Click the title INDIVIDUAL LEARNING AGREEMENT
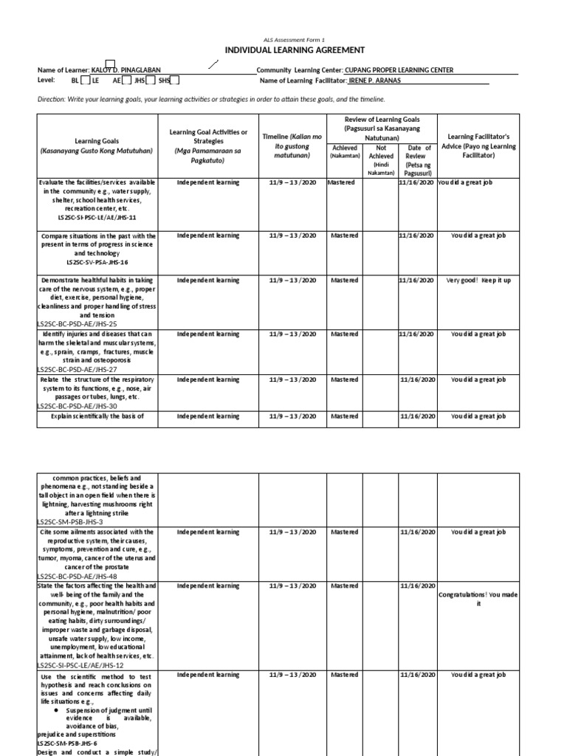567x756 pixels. click(x=284, y=49)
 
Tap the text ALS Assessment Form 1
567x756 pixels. click(x=284, y=38)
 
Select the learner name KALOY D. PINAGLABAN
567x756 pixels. click(x=135, y=70)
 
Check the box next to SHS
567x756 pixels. click(x=174, y=80)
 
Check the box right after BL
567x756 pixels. click(x=86, y=80)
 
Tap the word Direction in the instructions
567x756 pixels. click(x=52, y=99)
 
